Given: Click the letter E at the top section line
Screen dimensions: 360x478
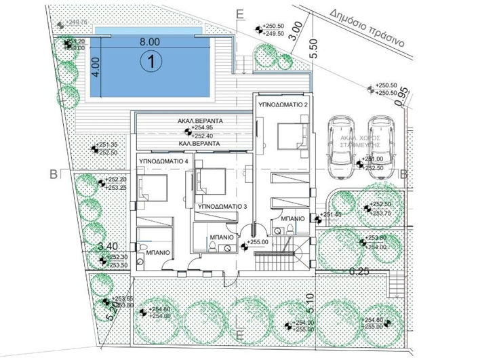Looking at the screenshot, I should click(x=239, y=13).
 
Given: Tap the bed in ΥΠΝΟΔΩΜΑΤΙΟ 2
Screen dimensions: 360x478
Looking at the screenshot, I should click(x=284, y=134).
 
